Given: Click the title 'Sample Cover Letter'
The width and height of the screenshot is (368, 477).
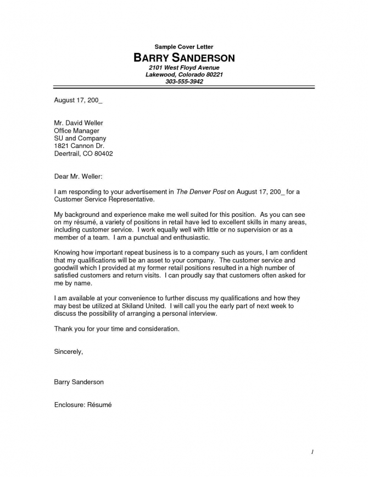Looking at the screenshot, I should point(183,47).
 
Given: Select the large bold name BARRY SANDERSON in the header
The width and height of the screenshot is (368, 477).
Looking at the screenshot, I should point(184,58).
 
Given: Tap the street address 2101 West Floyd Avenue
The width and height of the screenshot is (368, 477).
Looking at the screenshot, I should point(184,67).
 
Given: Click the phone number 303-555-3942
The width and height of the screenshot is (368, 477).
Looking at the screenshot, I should point(184,81).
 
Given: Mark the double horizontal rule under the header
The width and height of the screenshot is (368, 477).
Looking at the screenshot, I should point(184,87).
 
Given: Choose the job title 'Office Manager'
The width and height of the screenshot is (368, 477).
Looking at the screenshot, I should point(76,131).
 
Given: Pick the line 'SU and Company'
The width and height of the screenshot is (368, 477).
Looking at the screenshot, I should point(80,139).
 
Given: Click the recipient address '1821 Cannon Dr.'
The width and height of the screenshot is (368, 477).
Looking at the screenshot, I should point(79,146).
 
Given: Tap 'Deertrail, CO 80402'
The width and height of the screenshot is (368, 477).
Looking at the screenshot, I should point(83,154).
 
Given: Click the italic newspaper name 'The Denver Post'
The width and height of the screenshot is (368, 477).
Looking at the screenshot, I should point(200,192).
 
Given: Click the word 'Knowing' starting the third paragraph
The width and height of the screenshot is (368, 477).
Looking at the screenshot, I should point(67,253).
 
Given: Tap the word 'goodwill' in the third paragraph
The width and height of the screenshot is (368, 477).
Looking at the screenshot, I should point(67,268).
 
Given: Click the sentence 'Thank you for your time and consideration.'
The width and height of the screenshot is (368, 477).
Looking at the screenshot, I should point(116,328).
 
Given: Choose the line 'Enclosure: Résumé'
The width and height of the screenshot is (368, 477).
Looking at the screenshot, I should point(82,404).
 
